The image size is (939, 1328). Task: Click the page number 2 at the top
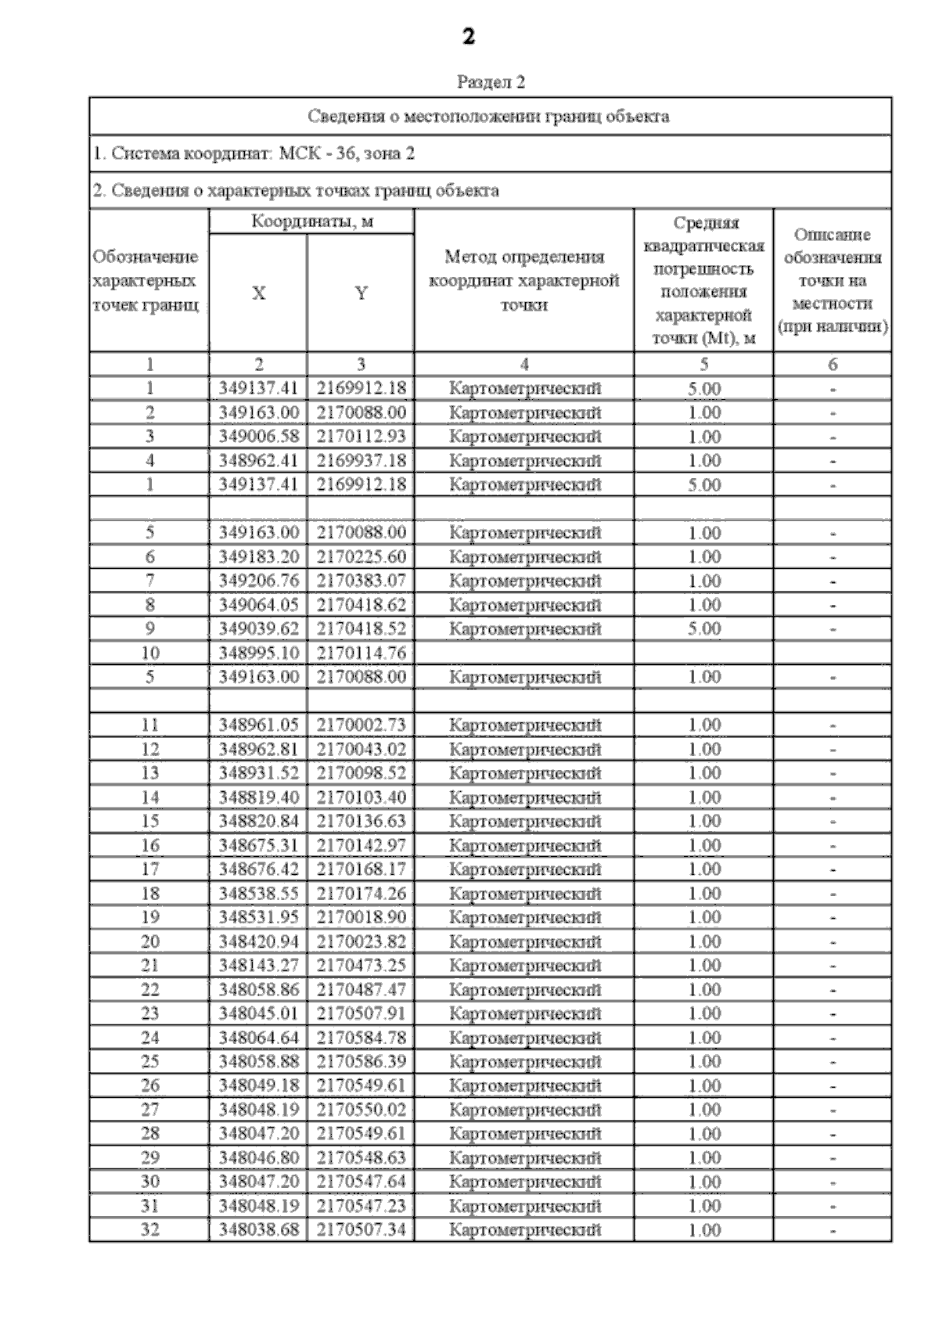468,36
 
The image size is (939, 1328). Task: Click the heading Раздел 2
491,82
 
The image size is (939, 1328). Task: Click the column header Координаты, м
312,221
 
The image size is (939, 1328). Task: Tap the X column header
258,293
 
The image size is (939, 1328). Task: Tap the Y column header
361,293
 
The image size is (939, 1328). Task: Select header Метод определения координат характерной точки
523,281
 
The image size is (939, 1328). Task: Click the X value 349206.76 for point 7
258,581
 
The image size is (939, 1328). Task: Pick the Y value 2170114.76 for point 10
361,653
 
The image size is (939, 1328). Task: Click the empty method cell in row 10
523,653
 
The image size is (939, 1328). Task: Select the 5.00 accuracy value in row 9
703,629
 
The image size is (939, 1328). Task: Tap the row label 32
149,1229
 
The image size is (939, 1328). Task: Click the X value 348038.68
258,1229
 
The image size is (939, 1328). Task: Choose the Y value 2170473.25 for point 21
361,965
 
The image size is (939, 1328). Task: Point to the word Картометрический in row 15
525,821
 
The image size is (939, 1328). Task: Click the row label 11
149,725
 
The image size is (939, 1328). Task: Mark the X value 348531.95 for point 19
258,917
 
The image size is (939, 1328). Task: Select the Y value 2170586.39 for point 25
361,1061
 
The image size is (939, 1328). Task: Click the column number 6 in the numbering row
832,364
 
